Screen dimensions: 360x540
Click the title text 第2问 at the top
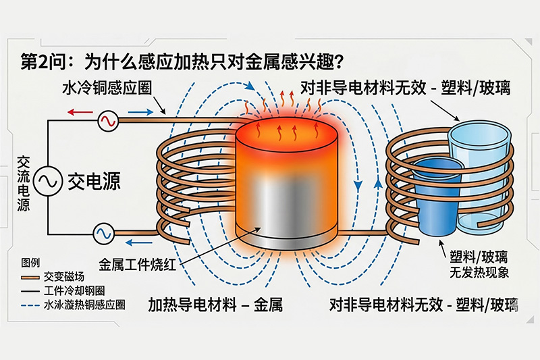coord(43,63)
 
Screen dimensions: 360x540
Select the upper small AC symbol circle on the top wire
coord(107,122)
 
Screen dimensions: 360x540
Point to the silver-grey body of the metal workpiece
coord(287,203)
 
